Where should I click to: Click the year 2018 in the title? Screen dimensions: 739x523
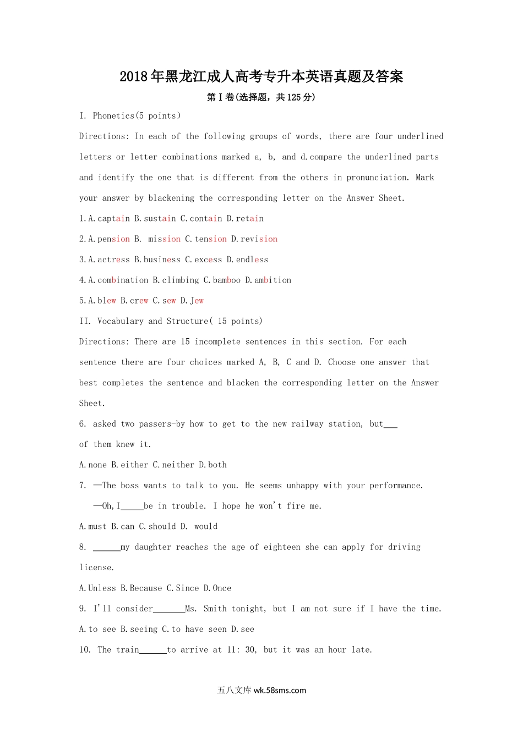tap(134, 76)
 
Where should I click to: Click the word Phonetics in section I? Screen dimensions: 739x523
tap(113, 115)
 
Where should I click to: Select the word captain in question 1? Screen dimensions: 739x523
tap(113, 218)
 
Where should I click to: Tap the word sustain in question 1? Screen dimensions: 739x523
tap(160, 218)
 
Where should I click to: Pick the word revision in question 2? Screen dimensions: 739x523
tap(259, 239)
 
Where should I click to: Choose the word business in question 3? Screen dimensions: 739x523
tap(162, 260)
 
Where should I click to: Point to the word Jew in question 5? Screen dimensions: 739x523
tap(197, 301)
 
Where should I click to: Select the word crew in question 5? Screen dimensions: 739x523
tap(139, 301)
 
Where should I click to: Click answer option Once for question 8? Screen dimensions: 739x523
tap(222, 588)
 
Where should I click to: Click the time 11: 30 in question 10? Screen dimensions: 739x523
tap(242, 650)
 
